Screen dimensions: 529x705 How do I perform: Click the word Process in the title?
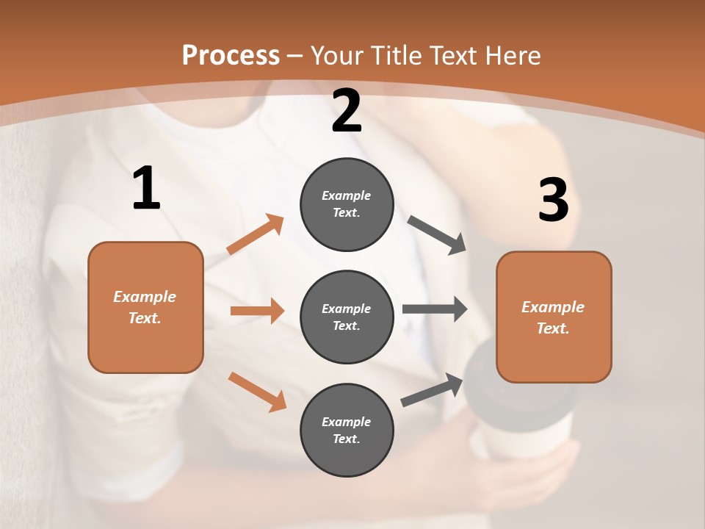click(231, 56)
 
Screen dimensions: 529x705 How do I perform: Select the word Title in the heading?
click(396, 56)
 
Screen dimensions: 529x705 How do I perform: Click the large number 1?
click(146, 189)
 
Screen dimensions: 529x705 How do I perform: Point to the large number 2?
click(347, 112)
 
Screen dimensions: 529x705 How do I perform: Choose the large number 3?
click(553, 201)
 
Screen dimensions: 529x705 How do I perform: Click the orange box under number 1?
click(145, 307)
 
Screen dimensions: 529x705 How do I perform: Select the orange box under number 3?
click(554, 317)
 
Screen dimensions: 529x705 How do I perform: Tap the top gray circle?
click(347, 204)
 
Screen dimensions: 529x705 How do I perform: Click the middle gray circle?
click(347, 317)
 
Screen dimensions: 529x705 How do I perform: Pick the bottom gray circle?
click(347, 430)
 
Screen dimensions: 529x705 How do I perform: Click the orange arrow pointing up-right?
click(256, 234)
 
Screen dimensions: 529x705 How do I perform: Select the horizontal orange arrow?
click(257, 311)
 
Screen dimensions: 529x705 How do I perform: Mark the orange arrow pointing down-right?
click(257, 392)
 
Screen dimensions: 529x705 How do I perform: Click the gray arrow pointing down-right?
click(437, 234)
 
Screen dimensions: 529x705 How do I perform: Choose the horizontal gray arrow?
click(435, 309)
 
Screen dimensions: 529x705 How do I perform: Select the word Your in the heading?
click(336, 56)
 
